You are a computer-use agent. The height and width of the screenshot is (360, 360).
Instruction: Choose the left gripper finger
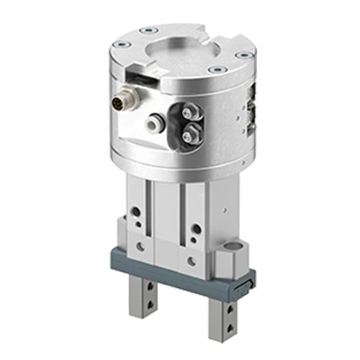[145, 312]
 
